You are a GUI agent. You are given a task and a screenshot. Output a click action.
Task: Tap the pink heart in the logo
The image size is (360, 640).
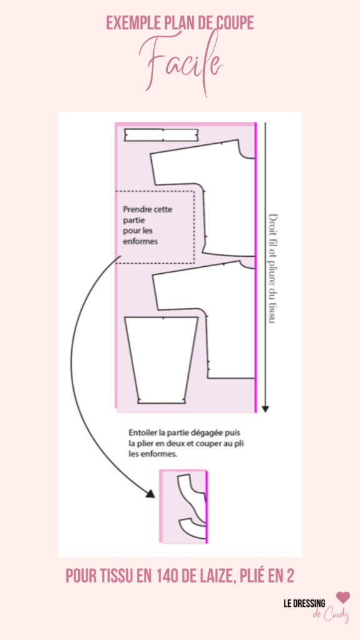pos(343,597)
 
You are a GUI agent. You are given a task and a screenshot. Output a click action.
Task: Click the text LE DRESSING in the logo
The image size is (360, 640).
pos(304,604)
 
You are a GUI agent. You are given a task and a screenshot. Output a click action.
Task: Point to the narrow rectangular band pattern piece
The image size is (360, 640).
pos(161,135)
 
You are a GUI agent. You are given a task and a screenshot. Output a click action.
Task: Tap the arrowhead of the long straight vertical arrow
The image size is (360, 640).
pos(265,409)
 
